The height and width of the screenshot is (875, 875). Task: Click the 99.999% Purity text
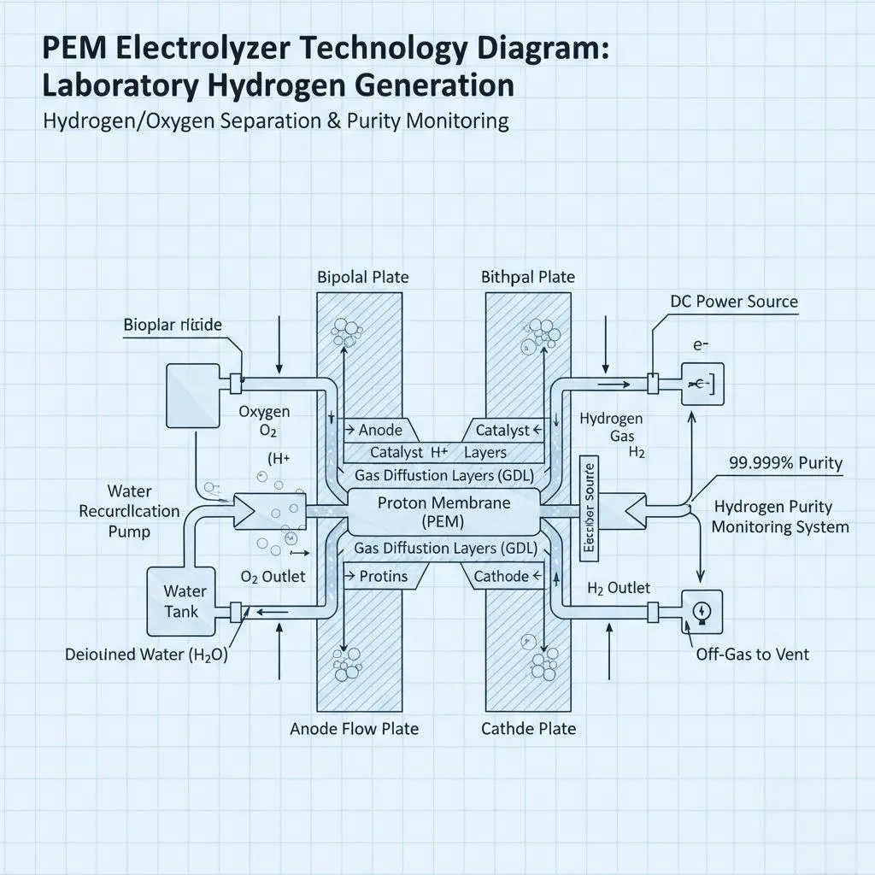coord(785,463)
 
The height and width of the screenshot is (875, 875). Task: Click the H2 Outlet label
coord(619,588)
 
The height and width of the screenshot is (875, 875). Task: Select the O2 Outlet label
coord(273,577)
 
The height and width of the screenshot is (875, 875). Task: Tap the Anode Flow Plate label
coord(354,729)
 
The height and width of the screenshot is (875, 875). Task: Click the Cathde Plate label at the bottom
coord(528,729)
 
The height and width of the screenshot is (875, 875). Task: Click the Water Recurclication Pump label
coord(129,511)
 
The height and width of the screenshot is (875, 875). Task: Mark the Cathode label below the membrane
coord(501,577)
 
